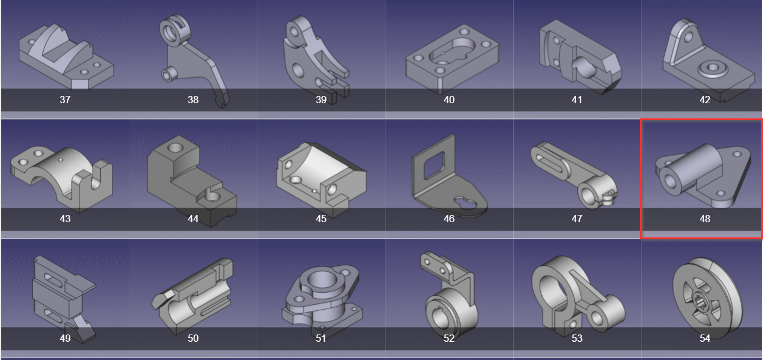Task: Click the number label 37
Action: [x=65, y=100]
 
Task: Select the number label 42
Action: [x=705, y=100]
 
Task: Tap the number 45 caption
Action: [x=321, y=219]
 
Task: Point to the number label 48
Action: [x=705, y=219]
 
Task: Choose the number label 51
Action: [x=321, y=338]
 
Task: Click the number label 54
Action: [x=705, y=338]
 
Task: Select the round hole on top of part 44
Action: [x=175, y=148]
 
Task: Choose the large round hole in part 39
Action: [x=297, y=70]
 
